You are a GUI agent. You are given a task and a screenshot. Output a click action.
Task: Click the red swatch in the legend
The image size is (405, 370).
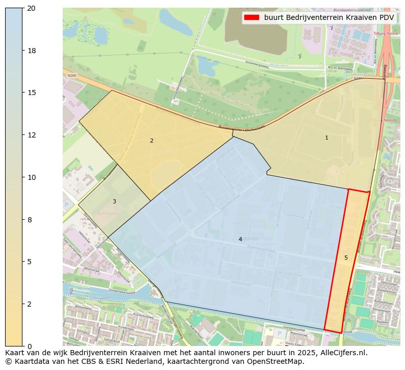(x=251, y=17)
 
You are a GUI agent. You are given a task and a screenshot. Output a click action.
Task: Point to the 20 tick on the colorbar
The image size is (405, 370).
(x=24, y=8)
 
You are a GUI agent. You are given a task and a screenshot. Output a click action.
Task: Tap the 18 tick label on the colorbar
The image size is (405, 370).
(x=32, y=51)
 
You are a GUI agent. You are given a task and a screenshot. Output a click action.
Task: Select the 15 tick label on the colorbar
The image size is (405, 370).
(x=32, y=92)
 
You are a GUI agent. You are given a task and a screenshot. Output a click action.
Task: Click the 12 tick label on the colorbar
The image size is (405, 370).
(x=32, y=135)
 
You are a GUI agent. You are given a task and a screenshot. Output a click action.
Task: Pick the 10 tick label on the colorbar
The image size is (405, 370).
(x=32, y=177)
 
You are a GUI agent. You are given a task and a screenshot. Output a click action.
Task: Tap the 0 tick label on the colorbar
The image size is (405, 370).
(x=30, y=346)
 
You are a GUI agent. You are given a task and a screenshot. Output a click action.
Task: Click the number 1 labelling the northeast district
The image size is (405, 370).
(x=327, y=137)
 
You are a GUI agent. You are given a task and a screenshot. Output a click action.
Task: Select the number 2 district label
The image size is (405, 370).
(x=151, y=141)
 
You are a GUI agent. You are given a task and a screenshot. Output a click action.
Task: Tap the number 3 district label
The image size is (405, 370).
(x=114, y=201)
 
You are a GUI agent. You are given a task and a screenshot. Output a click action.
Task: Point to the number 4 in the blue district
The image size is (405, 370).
(x=240, y=239)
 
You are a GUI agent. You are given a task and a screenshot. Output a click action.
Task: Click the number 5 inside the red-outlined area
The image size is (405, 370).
(x=346, y=258)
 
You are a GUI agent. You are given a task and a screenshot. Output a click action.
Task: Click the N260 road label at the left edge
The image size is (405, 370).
(x=71, y=75)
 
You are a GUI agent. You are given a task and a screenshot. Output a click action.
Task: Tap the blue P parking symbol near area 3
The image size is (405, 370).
(x=66, y=205)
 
